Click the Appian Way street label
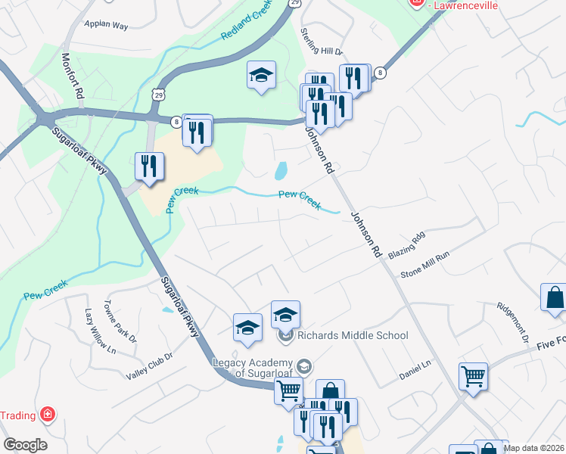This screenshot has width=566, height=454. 107,23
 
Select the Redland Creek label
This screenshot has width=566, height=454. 247,29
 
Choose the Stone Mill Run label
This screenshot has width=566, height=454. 425,266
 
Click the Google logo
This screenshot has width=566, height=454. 25,445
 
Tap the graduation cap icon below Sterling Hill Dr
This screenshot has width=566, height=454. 261,75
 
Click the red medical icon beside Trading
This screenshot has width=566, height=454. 48,415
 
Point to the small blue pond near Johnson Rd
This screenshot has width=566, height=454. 281,171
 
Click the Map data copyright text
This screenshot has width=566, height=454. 534,448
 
